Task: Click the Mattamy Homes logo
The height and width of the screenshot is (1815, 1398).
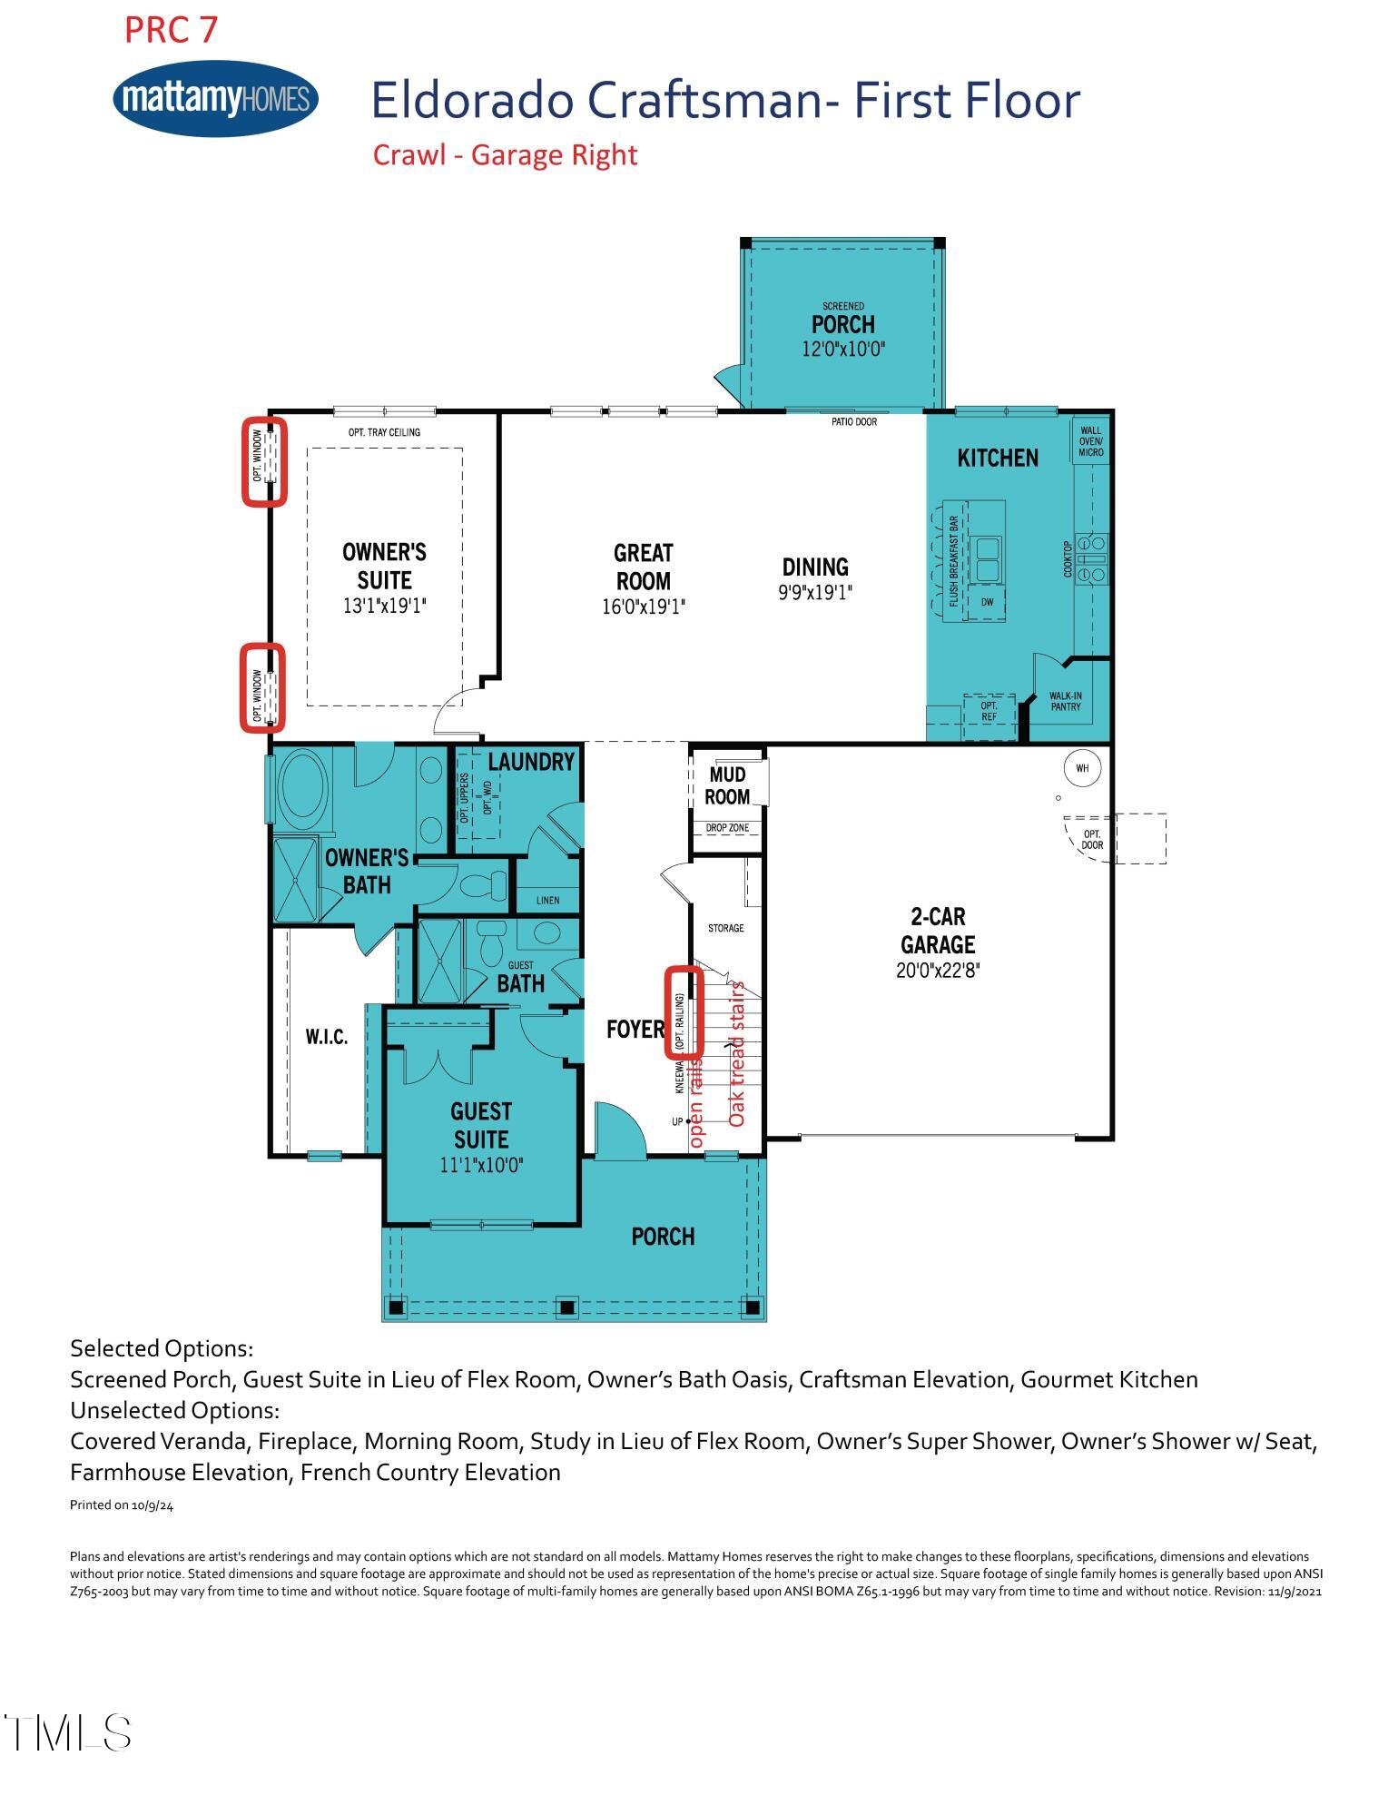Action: point(215,98)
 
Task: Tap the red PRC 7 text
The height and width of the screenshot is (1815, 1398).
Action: point(171,30)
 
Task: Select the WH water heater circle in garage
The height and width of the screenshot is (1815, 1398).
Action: point(1082,768)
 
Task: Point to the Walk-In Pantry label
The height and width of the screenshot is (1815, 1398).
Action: point(1065,701)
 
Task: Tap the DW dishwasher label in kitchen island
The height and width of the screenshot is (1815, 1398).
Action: point(987,602)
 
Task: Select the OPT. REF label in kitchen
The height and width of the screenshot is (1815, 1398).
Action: point(989,711)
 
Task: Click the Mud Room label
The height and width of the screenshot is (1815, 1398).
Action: point(727,785)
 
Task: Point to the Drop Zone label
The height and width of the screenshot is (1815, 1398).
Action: point(727,828)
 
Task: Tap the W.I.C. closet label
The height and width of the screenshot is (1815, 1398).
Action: point(326,1037)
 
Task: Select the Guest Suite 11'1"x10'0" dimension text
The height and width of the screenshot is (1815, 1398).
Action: point(481,1165)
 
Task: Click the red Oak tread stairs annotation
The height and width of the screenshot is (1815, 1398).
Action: point(737,1053)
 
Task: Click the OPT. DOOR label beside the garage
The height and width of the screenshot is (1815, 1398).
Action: point(1092,839)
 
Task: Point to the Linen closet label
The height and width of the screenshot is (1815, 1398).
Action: point(547,901)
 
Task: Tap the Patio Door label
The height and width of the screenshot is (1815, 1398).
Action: point(853,422)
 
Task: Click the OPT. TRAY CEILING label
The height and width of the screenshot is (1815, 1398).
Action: point(384,432)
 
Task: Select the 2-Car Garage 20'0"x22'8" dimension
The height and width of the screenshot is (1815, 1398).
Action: point(938,971)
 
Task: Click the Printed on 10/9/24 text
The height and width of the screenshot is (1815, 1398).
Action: point(122,1505)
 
